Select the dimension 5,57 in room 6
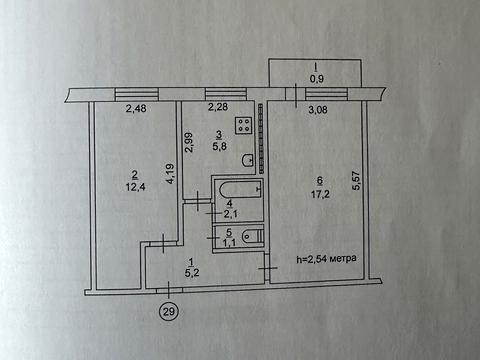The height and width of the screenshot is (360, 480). [355, 180]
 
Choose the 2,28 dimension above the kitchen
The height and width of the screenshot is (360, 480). [218, 108]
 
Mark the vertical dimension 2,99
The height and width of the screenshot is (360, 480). [187, 147]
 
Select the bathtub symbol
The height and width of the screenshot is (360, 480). [236, 191]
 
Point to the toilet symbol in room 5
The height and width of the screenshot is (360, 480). [252, 237]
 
